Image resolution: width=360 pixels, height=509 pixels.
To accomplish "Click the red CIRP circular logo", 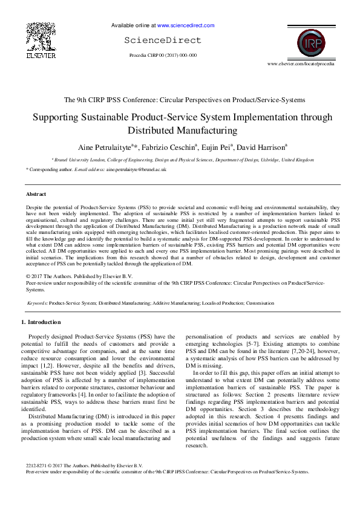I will [313, 43].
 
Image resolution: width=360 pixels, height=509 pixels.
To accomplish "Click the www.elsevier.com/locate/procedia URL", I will [301, 63].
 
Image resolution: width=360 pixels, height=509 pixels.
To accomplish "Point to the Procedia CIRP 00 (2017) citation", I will [163, 55].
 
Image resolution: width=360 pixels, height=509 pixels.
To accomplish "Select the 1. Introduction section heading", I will [41, 322].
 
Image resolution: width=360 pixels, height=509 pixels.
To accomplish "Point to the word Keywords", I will [38, 303].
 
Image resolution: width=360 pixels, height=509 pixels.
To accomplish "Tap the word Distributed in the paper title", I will [154, 130].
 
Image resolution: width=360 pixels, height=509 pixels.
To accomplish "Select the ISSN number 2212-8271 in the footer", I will [37, 482].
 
